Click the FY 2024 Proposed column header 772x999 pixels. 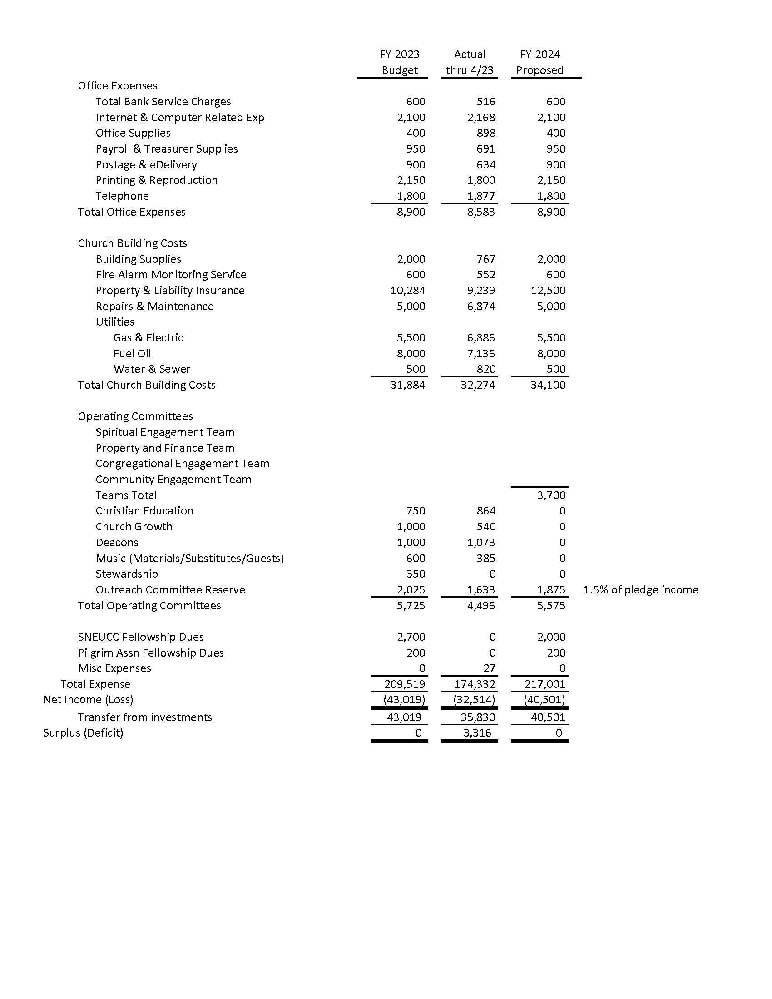click(539, 62)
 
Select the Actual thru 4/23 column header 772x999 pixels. click(470, 62)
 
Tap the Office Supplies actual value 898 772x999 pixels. click(486, 133)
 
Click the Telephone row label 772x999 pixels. click(122, 196)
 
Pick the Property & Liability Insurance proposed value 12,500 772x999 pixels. click(548, 291)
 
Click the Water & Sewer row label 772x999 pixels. click(152, 369)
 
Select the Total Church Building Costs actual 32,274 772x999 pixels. click(477, 385)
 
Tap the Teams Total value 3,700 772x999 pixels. click(551, 495)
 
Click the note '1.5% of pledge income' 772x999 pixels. click(640, 590)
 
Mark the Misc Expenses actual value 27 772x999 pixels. click(489, 669)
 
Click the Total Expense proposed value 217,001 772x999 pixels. click(544, 684)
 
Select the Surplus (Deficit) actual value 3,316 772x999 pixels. click(477, 733)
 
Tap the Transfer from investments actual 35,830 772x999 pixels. click(477, 717)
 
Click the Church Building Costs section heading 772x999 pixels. click(132, 243)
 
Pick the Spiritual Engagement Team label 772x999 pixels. click(165, 432)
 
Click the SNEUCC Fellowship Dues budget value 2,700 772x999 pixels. click(411, 637)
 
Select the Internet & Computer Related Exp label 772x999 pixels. click(180, 118)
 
